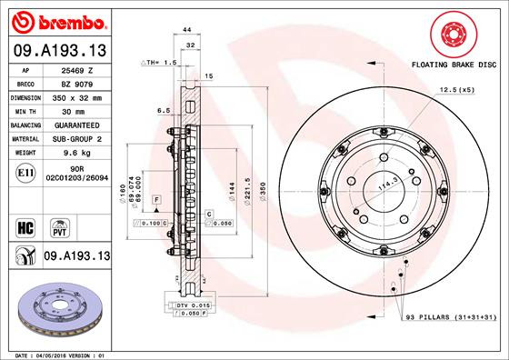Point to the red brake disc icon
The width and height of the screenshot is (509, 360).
pyautogui.click(x=452, y=35)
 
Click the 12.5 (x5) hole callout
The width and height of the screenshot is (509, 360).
pyautogui.click(x=457, y=92)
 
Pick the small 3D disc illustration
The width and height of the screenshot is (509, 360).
pyautogui.click(x=56, y=310)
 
